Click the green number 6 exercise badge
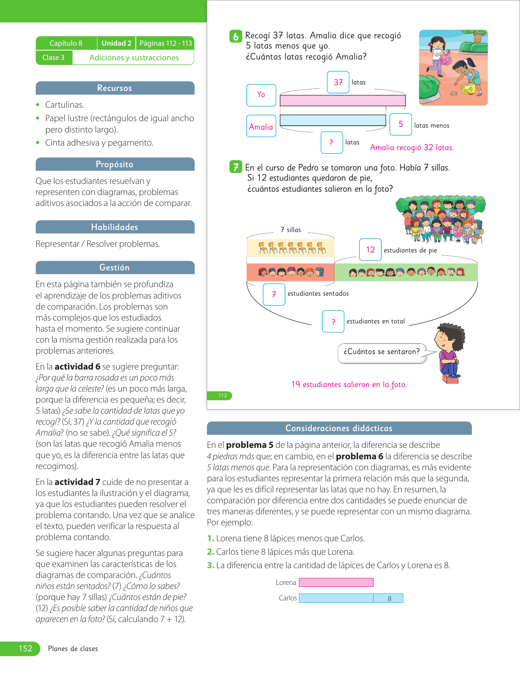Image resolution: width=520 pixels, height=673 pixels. tap(236, 36)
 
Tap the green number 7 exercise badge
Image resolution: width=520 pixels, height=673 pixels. tap(236, 167)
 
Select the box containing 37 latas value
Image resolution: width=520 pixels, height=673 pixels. tap(338, 82)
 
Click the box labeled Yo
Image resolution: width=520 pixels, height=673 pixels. tap(261, 95)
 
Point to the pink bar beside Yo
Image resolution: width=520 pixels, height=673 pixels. tap(343, 100)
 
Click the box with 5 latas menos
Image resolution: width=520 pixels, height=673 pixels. tap(401, 124)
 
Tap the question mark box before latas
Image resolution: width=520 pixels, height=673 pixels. tap(332, 142)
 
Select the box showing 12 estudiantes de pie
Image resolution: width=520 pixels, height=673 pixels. tap(370, 250)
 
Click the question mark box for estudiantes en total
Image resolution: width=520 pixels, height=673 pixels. tap(333, 321)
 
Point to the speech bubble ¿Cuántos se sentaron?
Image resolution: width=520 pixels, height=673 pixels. tap(382, 352)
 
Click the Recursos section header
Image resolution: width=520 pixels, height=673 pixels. tap(115, 88)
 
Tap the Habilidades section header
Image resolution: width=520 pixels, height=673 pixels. tap(115, 227)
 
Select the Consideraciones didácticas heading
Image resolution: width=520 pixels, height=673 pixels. tap(339, 428)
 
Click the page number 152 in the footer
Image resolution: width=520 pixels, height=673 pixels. tap(25, 649)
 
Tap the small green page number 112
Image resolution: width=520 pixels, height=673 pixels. tap(222, 396)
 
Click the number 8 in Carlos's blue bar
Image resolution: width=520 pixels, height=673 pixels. tap(389, 598)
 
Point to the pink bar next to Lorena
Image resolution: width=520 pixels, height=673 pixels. tap(336, 582)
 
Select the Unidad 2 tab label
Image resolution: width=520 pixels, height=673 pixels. tap(116, 43)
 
